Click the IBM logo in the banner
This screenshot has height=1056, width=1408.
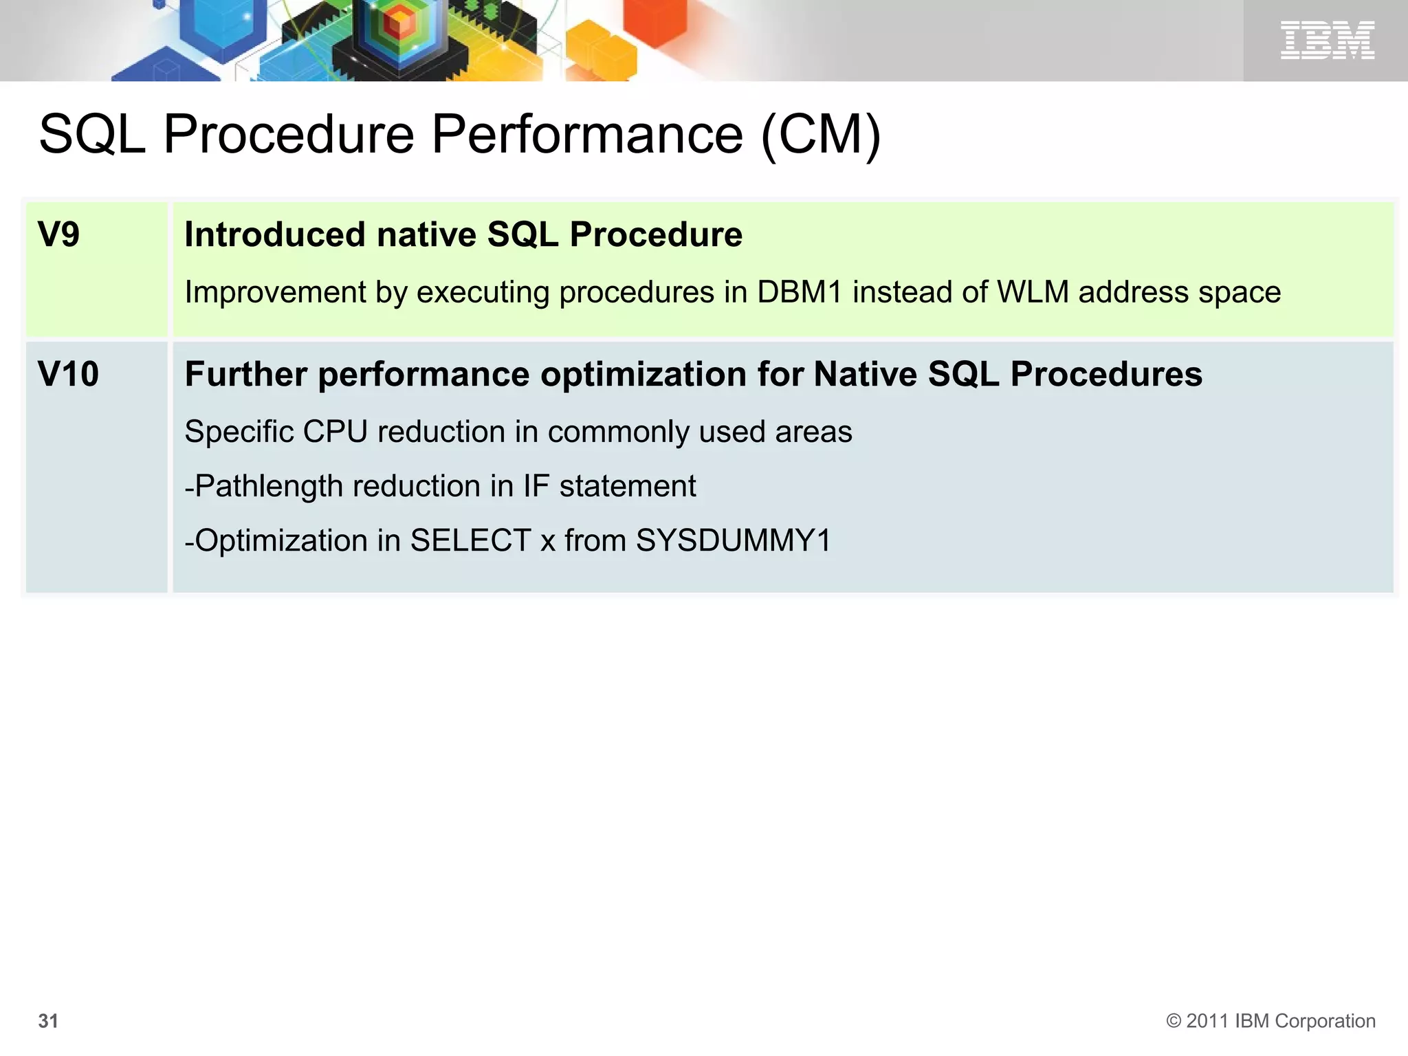tap(1327, 40)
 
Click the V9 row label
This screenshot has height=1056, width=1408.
tap(58, 234)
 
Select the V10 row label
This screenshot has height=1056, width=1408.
tap(68, 375)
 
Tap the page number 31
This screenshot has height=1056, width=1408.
tap(48, 1021)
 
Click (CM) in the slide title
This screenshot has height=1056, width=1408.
tap(821, 135)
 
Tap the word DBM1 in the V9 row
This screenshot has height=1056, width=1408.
tap(799, 292)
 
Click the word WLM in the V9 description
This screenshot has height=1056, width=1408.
tap(1033, 292)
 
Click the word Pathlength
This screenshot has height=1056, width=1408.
tap(269, 487)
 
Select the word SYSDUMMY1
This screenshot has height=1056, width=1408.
tap(733, 540)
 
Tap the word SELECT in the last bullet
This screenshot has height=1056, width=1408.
tap(470, 540)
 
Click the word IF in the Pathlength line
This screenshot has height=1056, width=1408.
tap(536, 486)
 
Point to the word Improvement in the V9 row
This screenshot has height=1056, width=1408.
tap(276, 293)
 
